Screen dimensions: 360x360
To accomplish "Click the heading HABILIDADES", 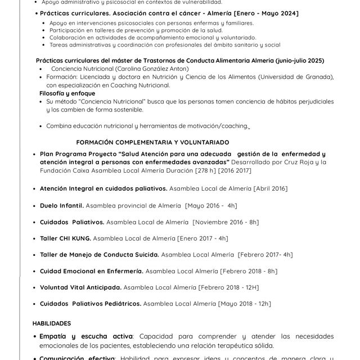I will point(52,323).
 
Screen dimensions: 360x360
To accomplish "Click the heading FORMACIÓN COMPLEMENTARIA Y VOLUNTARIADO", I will point(152,142).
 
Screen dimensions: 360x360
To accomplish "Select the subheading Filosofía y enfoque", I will point(67,93).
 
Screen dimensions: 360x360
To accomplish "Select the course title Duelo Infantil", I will point(62,206).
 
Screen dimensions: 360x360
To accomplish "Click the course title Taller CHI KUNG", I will point(65,238).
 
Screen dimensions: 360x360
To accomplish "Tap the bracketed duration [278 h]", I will point(201,170).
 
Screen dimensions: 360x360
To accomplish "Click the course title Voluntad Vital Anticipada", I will point(80,287).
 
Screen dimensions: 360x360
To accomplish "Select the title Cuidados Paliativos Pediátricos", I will point(90,304).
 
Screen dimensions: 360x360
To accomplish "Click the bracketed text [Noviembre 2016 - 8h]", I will point(226,222).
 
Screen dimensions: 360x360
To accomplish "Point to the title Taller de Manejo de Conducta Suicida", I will point(99,255).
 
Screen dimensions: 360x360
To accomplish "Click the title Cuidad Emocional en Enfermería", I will point(90,271).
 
